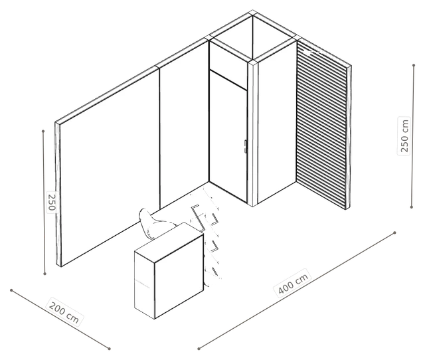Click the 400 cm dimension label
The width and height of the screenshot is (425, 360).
tap(294, 283)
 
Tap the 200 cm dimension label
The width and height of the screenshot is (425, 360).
tap(64, 312)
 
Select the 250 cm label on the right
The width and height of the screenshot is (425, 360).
tap(404, 135)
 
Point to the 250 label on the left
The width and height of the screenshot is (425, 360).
tap(52, 201)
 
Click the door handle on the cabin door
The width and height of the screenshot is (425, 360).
tap(245, 146)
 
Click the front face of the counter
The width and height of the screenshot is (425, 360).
tap(179, 276)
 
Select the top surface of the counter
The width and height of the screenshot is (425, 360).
tap(169, 242)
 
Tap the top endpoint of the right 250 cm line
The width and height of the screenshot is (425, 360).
tap(414, 65)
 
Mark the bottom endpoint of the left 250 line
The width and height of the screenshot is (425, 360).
tap(44, 274)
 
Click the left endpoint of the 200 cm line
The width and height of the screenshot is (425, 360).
tap(11, 290)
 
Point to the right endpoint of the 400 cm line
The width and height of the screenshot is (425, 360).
tap(394, 232)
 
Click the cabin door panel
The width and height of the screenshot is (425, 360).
tap(228, 136)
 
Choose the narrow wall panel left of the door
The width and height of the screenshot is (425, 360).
tap(184, 125)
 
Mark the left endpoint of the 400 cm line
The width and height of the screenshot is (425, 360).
tap(199, 349)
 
